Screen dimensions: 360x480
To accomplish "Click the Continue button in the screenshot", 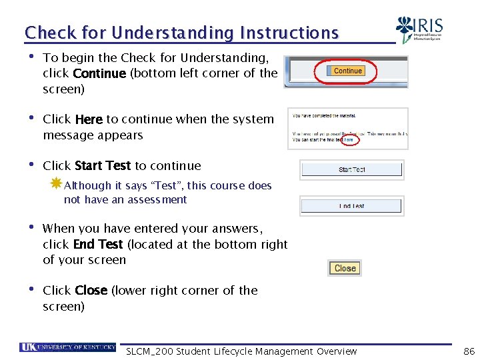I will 347,71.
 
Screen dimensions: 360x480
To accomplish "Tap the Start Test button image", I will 351,169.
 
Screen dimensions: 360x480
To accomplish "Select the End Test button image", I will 351,206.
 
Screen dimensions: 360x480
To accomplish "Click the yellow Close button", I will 345,268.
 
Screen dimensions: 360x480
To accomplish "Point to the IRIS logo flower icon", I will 405,29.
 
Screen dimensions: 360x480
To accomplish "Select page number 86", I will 469,351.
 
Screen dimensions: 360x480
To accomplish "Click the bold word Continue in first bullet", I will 99,73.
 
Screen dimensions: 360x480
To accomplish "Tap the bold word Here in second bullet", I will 89,119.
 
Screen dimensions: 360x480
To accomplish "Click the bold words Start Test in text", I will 103,166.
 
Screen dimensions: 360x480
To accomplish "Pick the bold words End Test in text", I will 98,244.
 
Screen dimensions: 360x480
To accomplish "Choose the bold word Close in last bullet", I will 91,291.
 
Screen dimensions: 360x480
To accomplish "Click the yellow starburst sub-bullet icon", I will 56,183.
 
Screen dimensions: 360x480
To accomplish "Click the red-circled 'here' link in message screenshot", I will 348,140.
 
